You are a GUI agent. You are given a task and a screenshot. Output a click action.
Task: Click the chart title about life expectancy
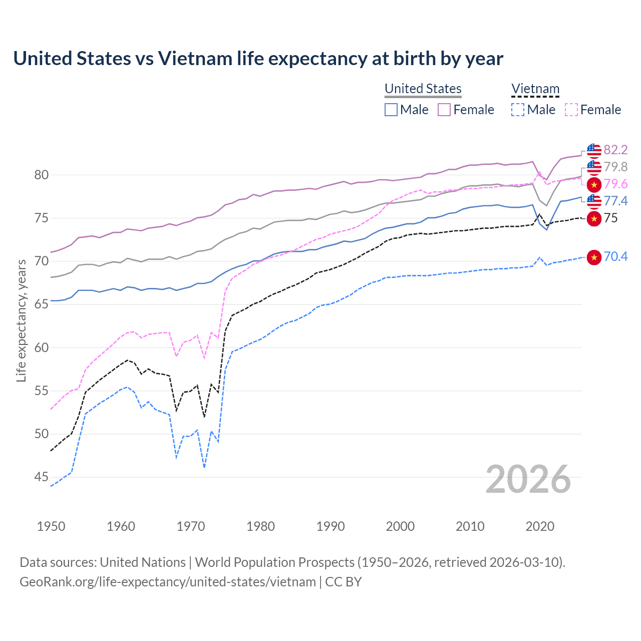pyautogui.click(x=258, y=59)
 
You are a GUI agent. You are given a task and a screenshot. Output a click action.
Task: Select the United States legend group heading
pyautogui.click(x=423, y=89)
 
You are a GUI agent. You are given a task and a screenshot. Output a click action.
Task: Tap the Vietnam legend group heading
pyautogui.click(x=535, y=89)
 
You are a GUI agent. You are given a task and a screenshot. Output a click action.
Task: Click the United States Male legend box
pyautogui.click(x=391, y=110)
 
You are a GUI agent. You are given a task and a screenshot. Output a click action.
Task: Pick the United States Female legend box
pyautogui.click(x=444, y=110)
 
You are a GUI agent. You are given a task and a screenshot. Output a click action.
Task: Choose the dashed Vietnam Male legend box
pyautogui.click(x=518, y=110)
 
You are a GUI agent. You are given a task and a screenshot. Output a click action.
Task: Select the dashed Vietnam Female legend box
pyautogui.click(x=571, y=110)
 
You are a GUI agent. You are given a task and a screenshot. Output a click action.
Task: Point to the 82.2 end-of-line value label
pyautogui.click(x=615, y=150)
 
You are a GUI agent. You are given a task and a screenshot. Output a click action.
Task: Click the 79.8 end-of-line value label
pyautogui.click(x=615, y=167)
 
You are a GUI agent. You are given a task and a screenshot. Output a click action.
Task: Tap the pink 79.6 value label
pyautogui.click(x=615, y=184)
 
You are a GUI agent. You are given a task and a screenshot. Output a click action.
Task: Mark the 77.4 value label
pyautogui.click(x=615, y=201)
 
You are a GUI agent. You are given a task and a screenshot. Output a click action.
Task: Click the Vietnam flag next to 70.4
pyautogui.click(x=594, y=257)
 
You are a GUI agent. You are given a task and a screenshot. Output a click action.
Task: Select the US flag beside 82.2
pyautogui.click(x=594, y=150)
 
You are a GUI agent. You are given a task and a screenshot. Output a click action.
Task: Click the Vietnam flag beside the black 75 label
pyautogui.click(x=594, y=218)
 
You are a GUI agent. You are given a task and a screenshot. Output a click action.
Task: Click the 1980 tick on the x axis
pyautogui.click(x=260, y=526)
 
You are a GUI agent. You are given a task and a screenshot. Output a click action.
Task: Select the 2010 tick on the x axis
pyautogui.click(x=470, y=526)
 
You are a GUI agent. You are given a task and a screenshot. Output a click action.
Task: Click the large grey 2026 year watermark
pyautogui.click(x=528, y=479)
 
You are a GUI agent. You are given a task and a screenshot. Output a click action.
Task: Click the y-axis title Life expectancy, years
pyautogui.click(x=21, y=320)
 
